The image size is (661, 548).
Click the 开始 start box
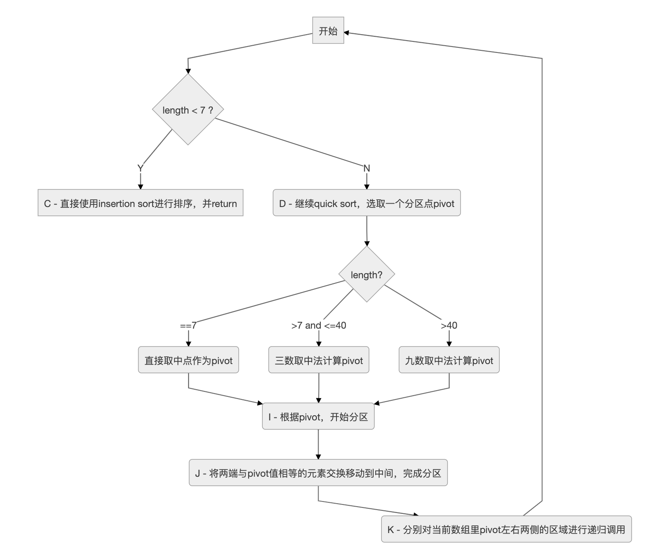(x=328, y=30)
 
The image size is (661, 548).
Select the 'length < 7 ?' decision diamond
(x=188, y=110)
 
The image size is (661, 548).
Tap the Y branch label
(x=140, y=168)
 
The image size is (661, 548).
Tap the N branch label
(x=366, y=168)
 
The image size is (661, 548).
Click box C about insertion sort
(x=140, y=203)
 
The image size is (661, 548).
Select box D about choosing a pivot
(x=366, y=203)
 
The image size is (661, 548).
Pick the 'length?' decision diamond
(x=366, y=274)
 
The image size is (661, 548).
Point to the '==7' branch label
(x=188, y=326)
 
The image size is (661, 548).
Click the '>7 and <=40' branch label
(x=319, y=326)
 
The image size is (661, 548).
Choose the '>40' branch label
(x=449, y=326)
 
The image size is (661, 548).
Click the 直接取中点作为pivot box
(x=188, y=360)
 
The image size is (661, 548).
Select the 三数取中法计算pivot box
(x=319, y=360)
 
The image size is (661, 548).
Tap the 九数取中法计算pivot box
(x=449, y=360)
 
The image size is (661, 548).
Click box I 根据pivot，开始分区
(x=318, y=417)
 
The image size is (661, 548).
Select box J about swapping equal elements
(x=318, y=473)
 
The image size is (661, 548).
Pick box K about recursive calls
(x=506, y=530)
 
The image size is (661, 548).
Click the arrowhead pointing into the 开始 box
(x=347, y=32)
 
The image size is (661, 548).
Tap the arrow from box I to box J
(x=318, y=444)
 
